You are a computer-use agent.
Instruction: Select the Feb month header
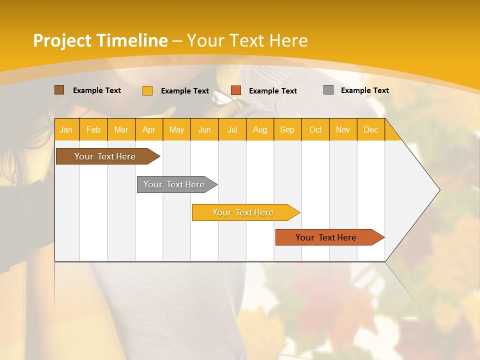93,129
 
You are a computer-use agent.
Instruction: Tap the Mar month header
121,129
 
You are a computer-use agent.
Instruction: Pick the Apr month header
149,129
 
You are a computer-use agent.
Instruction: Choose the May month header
176,129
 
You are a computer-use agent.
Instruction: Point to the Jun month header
204,129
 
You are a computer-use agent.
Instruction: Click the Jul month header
232,129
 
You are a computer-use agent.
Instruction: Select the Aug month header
260,129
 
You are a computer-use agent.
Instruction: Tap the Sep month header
287,129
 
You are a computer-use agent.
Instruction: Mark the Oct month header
315,129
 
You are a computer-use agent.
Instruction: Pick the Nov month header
343,129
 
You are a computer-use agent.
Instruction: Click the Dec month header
371,129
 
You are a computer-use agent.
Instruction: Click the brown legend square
59,90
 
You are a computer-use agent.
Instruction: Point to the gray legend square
328,90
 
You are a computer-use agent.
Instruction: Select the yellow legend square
147,90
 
